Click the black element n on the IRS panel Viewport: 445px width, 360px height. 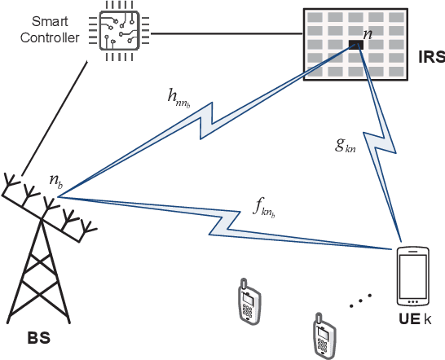(355, 45)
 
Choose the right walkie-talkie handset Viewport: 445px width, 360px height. (324, 333)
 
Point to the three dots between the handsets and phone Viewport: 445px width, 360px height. (360, 301)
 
